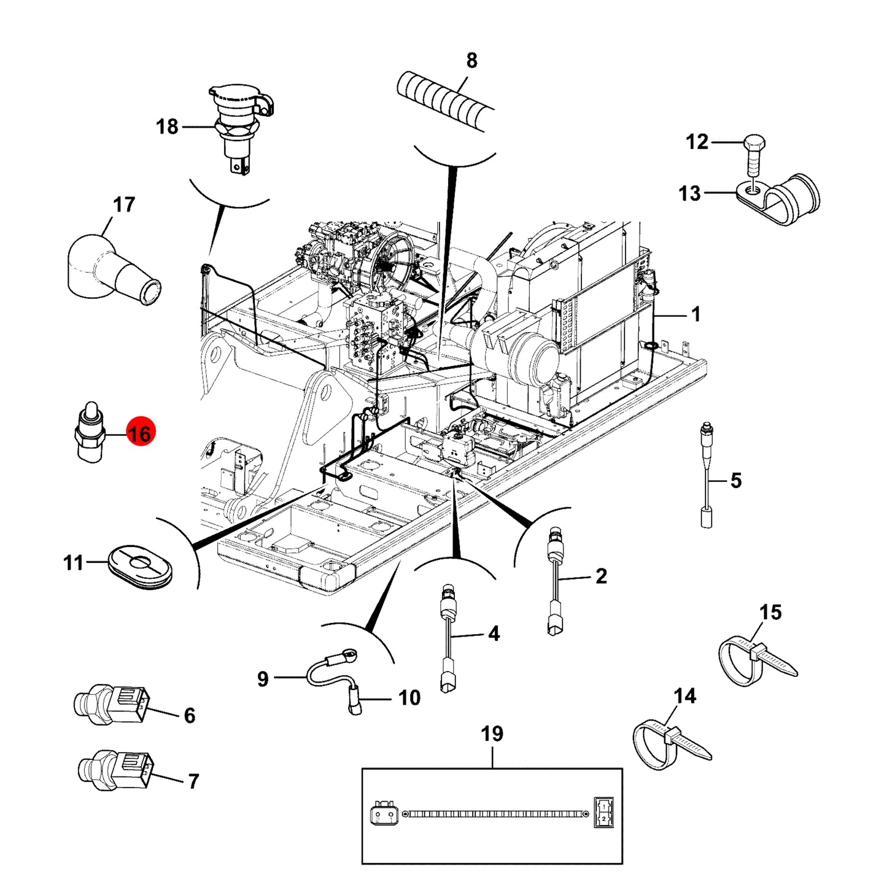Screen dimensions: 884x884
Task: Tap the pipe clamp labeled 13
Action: pyautogui.click(x=778, y=199)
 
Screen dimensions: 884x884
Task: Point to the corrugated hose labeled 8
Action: pyautogui.click(x=446, y=104)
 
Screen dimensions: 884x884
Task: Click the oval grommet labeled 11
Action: pyautogui.click(x=141, y=565)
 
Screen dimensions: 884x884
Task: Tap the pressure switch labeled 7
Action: pyautogui.click(x=117, y=771)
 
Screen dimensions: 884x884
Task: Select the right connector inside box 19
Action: pyautogui.click(x=603, y=812)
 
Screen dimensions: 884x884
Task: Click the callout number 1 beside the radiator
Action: pyautogui.click(x=696, y=315)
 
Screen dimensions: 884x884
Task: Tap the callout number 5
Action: pyautogui.click(x=735, y=481)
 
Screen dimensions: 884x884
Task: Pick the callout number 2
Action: pyautogui.click(x=601, y=576)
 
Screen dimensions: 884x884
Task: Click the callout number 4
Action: pyautogui.click(x=493, y=634)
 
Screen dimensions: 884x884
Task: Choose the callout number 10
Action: pyautogui.click(x=409, y=697)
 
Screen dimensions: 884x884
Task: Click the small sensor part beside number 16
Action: pyautogui.click(x=90, y=432)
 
